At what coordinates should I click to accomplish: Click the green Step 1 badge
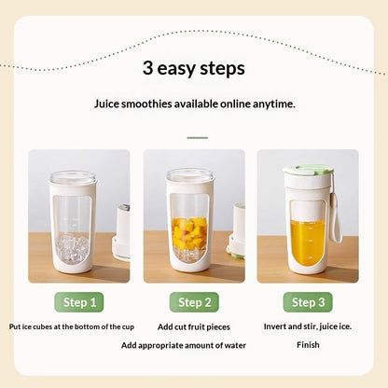(79, 302)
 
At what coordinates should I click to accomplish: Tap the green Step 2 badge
(194, 302)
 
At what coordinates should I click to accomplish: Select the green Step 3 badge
(308, 302)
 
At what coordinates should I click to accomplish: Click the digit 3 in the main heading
(147, 68)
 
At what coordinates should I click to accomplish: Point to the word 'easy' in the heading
(176, 69)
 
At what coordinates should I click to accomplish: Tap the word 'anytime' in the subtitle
(273, 104)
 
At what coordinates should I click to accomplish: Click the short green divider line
(198, 138)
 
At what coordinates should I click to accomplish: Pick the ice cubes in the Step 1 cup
(73, 249)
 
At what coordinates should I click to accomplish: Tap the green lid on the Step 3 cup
(308, 170)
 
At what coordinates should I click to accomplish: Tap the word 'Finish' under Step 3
(308, 345)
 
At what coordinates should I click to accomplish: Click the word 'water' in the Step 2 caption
(236, 345)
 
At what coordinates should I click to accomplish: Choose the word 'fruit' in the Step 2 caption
(196, 326)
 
